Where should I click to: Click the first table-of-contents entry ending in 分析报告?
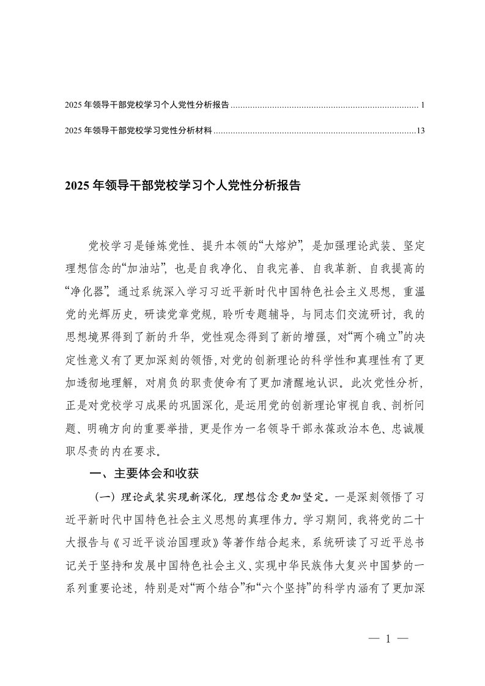pos(147,105)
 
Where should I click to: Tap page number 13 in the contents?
pos(420,130)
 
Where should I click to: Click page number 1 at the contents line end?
pos(423,105)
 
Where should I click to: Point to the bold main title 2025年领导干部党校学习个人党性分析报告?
pos(182,186)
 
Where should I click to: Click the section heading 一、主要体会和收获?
pos(144,474)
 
